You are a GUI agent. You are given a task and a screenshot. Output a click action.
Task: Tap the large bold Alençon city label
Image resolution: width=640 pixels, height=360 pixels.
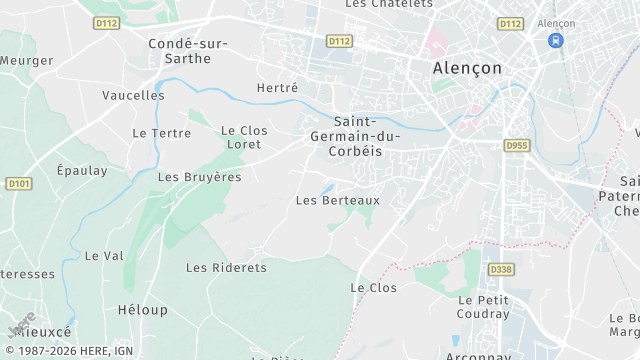(466, 68)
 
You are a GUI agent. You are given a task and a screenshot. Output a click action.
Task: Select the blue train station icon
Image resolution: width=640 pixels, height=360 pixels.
(555, 41)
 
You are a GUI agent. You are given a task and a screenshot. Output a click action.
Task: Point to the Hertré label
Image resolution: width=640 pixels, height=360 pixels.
(277, 88)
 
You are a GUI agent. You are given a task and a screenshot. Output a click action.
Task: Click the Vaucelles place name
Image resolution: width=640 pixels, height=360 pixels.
(133, 95)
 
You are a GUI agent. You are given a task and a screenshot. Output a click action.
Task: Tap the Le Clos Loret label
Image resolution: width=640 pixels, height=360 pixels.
(244, 137)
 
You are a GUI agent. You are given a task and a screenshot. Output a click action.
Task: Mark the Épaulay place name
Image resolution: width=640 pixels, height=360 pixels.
(82, 170)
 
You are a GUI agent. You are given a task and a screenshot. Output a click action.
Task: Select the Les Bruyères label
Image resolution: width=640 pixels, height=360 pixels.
(200, 177)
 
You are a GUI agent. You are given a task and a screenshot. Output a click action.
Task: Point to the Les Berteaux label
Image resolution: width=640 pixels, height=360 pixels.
(338, 200)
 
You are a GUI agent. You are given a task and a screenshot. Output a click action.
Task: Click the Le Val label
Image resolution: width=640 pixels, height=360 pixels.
(104, 255)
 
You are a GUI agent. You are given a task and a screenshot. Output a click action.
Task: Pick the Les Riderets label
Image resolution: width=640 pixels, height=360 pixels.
(227, 268)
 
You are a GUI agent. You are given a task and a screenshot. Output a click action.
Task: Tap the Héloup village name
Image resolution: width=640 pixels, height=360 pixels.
(143, 310)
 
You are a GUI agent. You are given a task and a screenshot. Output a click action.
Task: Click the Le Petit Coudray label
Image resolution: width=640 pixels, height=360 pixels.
(484, 307)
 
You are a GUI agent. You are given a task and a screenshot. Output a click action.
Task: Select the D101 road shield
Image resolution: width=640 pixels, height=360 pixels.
(19, 184)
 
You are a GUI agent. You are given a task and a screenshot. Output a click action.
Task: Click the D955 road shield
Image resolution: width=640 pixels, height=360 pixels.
(516, 145)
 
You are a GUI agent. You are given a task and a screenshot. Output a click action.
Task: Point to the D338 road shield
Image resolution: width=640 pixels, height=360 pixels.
(500, 269)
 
